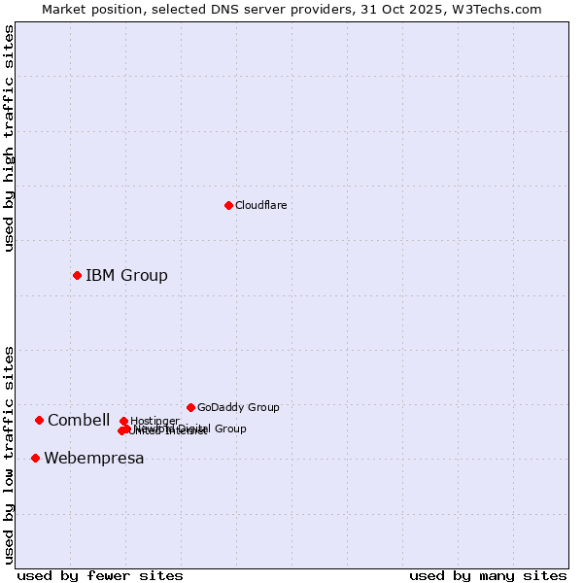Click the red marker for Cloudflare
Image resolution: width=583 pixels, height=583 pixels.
[x=228, y=205]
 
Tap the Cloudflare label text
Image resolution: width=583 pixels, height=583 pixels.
[x=260, y=205]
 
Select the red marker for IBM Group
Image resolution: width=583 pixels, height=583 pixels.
[x=77, y=275]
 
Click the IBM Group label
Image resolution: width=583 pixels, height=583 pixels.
[x=126, y=275]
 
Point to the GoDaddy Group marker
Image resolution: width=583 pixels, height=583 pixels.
[x=190, y=407]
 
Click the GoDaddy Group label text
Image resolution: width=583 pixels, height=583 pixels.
[x=238, y=407]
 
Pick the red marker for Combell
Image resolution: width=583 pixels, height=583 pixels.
[x=39, y=420]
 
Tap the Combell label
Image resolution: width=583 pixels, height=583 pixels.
[x=79, y=420]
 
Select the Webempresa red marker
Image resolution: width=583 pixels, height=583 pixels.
[x=35, y=458]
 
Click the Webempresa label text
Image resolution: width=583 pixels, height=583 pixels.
[x=93, y=458]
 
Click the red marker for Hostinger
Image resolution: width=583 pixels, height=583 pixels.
[x=123, y=421]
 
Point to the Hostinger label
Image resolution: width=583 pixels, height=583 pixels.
[x=154, y=421]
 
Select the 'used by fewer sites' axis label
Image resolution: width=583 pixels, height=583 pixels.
[x=100, y=575]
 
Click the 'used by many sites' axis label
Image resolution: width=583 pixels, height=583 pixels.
[x=488, y=575]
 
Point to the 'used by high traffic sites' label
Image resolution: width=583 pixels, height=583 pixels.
[x=9, y=139]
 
